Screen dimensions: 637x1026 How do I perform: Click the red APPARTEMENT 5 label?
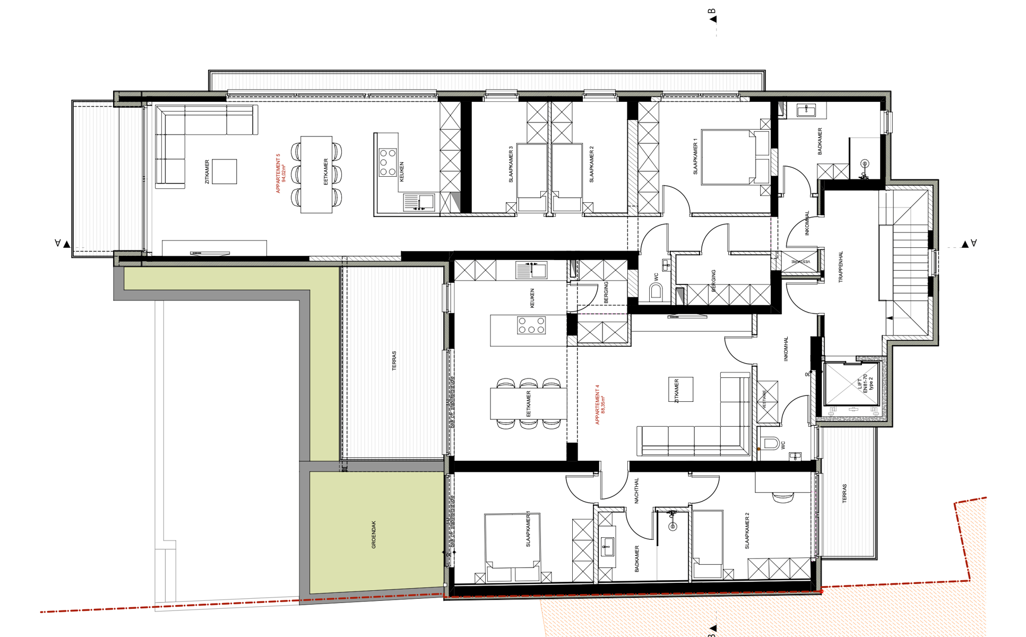pos(280,174)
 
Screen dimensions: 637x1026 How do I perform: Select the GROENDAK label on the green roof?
pos(374,535)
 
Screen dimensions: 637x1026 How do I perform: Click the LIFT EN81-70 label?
pos(865,383)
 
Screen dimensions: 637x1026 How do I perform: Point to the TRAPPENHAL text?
pos(841,267)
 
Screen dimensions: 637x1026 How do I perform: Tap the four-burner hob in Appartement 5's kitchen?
pos(387,162)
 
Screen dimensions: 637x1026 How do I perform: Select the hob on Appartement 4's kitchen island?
pos(531,325)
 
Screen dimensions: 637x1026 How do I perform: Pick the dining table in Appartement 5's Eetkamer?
pos(316,175)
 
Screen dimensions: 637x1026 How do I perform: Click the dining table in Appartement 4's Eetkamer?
pos(528,404)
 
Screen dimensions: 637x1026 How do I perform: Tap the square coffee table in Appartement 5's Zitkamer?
pos(224,171)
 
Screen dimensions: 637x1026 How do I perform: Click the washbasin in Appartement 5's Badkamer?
pos(806,110)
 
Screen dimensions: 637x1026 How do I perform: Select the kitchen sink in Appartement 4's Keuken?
pos(531,270)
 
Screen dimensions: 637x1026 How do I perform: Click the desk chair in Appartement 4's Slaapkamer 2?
pos(783,497)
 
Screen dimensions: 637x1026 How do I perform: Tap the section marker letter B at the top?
pos(712,12)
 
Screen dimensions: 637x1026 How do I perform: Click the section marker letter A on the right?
pos(973,243)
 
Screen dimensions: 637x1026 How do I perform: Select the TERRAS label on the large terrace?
pos(394,360)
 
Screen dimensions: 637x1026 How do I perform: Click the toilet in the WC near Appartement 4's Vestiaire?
pos(771,443)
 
